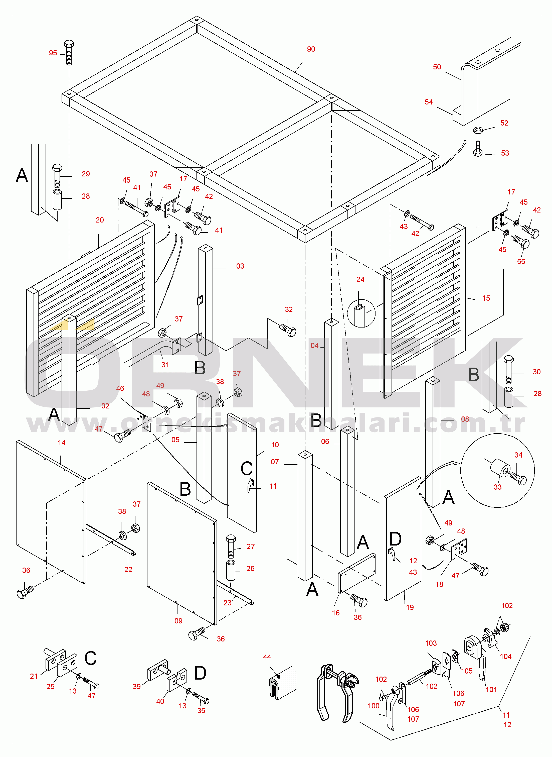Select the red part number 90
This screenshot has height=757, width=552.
coord(311,49)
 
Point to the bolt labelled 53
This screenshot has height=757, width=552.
coord(478,149)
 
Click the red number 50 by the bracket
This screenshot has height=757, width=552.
coord(437,67)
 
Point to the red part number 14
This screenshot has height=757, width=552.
coord(62,443)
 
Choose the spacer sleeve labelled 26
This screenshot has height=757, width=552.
coord(231,570)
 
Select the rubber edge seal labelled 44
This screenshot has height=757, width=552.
coord(283,682)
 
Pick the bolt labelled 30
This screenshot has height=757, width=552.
coord(508,369)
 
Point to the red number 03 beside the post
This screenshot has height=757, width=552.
coord(240,266)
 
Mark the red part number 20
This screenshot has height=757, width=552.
coord(100,220)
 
